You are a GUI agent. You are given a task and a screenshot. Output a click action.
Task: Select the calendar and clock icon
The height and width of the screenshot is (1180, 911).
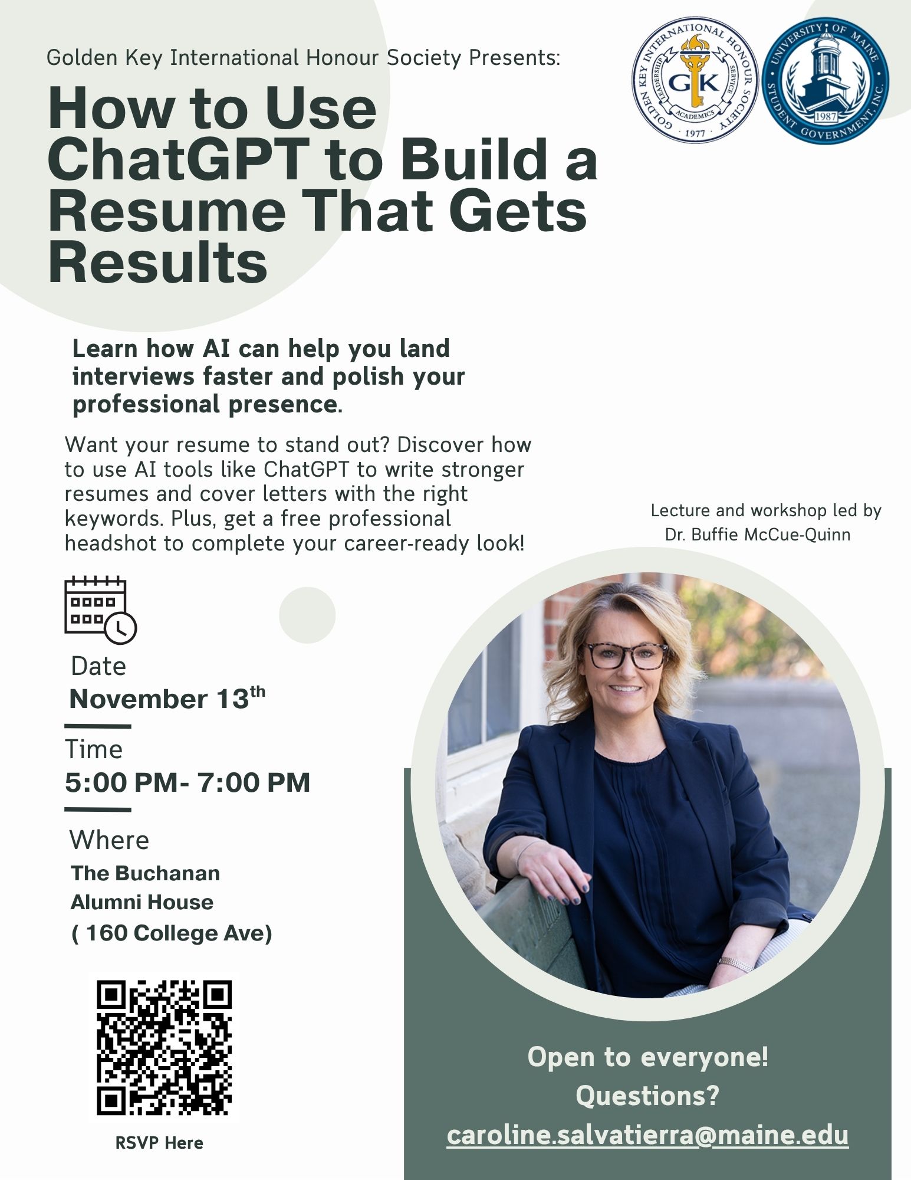(100, 609)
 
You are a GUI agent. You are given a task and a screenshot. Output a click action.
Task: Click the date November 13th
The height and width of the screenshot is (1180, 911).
(167, 698)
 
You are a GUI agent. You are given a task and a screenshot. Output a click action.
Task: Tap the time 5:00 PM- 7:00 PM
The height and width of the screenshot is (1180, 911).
(188, 783)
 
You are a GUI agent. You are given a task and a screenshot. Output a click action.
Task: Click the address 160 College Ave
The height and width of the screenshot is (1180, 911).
(172, 933)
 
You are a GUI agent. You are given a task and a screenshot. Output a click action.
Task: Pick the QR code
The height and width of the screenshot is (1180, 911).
(164, 1048)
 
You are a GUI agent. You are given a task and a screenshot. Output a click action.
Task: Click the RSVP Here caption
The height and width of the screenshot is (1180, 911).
(159, 1143)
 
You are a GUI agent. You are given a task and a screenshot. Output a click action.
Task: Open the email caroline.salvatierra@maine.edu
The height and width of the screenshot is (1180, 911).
(647, 1135)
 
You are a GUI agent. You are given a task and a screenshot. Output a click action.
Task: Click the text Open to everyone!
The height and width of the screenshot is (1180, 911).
(647, 1056)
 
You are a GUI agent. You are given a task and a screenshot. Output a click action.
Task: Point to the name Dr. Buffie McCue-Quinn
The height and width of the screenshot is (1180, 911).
(758, 535)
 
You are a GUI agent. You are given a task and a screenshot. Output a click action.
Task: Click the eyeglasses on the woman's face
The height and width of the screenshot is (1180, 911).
(625, 655)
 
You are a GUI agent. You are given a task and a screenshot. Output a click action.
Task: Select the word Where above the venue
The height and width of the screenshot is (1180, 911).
(109, 840)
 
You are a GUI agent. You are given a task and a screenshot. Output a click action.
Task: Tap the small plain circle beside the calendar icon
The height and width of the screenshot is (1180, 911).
(307, 615)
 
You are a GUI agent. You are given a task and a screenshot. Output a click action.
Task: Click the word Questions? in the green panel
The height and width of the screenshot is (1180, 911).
(647, 1096)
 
